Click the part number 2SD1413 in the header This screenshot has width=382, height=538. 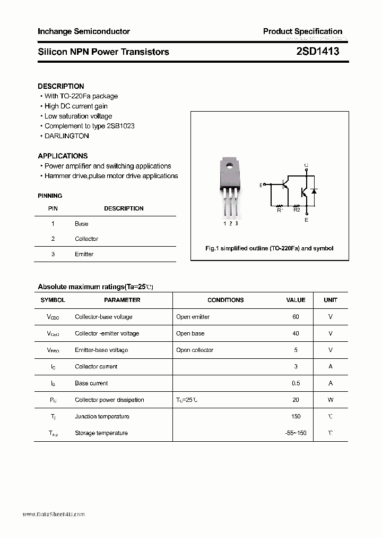point(318,52)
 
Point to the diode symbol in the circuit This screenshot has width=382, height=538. point(314,191)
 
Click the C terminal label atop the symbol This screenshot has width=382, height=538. point(306,165)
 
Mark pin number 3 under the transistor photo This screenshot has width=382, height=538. point(236,223)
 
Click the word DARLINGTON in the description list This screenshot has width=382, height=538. point(66,136)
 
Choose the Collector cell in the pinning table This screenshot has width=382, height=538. point(86,239)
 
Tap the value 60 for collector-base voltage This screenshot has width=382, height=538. point(296,317)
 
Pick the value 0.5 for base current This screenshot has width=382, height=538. point(296,383)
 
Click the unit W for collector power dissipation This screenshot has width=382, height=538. point(331,400)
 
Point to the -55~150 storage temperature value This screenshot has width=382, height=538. point(296,433)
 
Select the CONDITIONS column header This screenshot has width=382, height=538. point(225,300)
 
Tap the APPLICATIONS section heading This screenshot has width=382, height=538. point(63,156)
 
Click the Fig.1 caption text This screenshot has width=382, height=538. point(269,248)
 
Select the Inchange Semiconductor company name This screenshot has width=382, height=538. point(84,31)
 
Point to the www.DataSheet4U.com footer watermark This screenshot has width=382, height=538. point(54,515)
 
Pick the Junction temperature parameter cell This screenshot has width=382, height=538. point(102,417)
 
